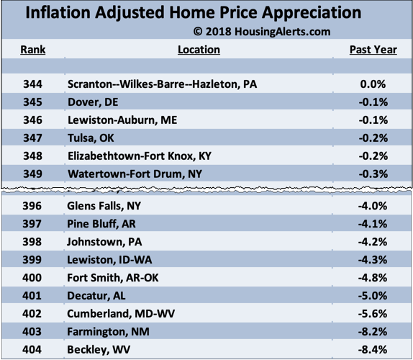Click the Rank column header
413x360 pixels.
tap(33, 50)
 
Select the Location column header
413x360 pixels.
tap(199, 50)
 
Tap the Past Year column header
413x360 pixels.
tap(373, 50)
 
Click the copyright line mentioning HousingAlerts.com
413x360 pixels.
tap(262, 32)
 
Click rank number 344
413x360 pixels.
tap(33, 84)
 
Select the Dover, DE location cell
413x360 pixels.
tap(93, 102)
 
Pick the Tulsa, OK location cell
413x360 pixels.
tap(91, 138)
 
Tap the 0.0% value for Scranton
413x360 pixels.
tap(373, 84)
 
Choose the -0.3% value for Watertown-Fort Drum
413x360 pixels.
tap(373, 174)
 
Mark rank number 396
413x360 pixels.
tap(33, 206)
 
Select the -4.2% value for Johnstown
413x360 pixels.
tap(373, 241)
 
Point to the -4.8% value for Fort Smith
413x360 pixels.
tap(373, 277)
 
